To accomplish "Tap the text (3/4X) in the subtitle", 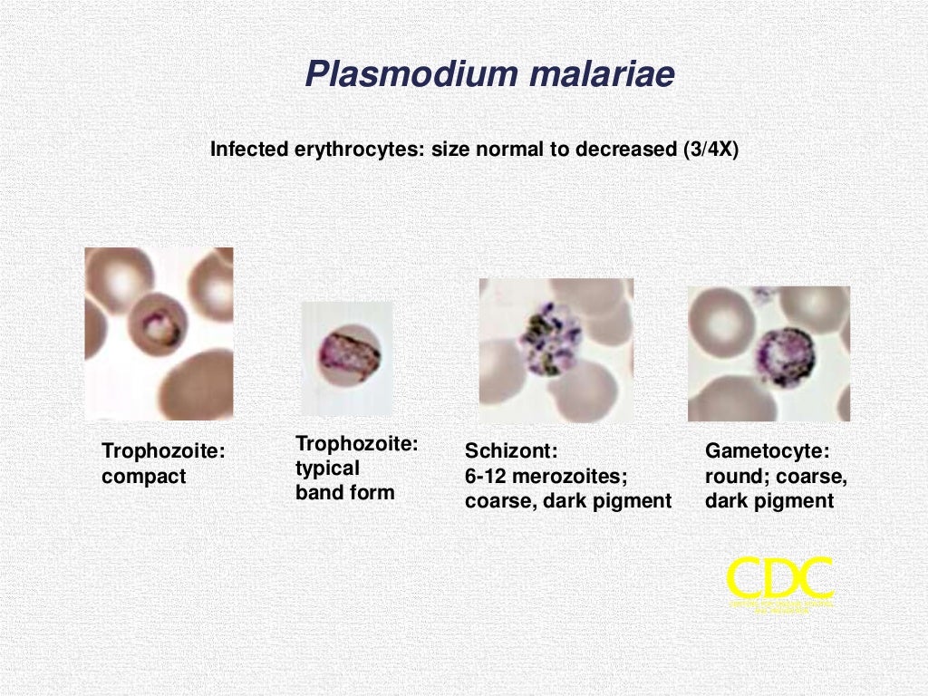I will tap(710, 150).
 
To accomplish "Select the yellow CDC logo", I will tap(780, 581).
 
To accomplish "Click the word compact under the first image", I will tap(143, 477).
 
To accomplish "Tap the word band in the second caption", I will tap(317, 493).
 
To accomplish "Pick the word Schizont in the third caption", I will tap(510, 451).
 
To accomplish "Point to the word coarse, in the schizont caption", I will tap(500, 500).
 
